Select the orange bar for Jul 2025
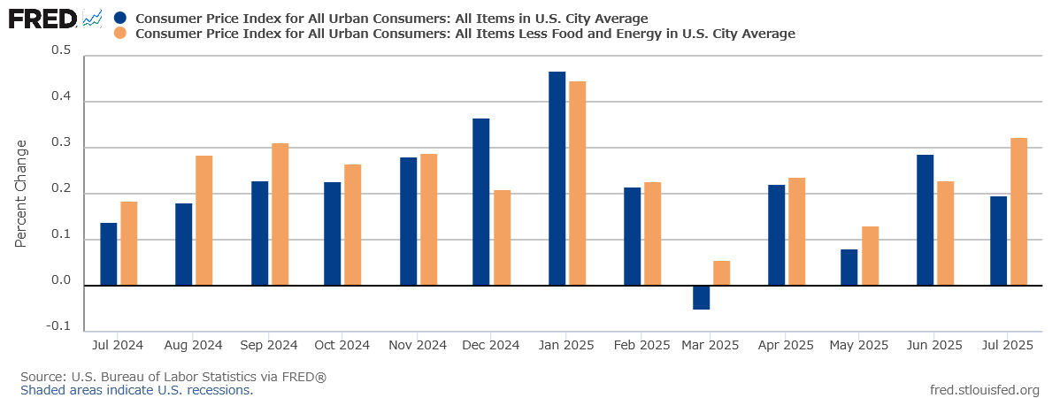click(1018, 211)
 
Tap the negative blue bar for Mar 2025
click(701, 297)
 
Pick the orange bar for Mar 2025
click(722, 273)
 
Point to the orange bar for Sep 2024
click(280, 214)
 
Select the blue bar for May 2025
click(849, 267)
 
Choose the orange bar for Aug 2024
click(204, 220)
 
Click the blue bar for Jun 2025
click(926, 220)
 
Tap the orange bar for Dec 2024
click(502, 238)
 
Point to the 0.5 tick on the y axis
click(61, 50)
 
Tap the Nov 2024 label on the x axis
click(418, 345)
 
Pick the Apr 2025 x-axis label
click(786, 345)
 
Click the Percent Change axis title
click(21, 193)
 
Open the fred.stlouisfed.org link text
click(985, 390)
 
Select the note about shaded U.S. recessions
click(136, 390)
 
